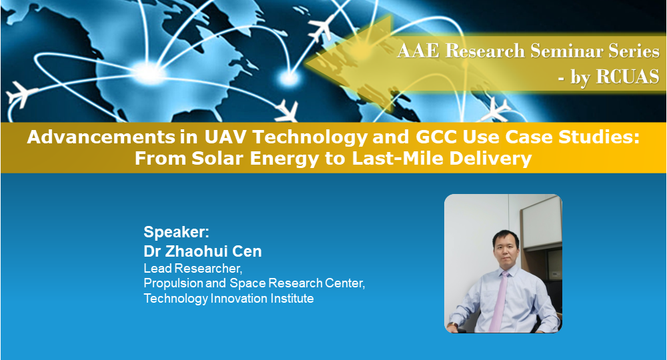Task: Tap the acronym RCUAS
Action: tap(628, 77)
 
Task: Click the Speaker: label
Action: tap(177, 233)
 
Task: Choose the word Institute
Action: tap(292, 299)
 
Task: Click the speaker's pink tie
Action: tap(498, 301)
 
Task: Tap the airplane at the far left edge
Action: tap(20, 94)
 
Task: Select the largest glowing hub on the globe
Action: tap(149, 73)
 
